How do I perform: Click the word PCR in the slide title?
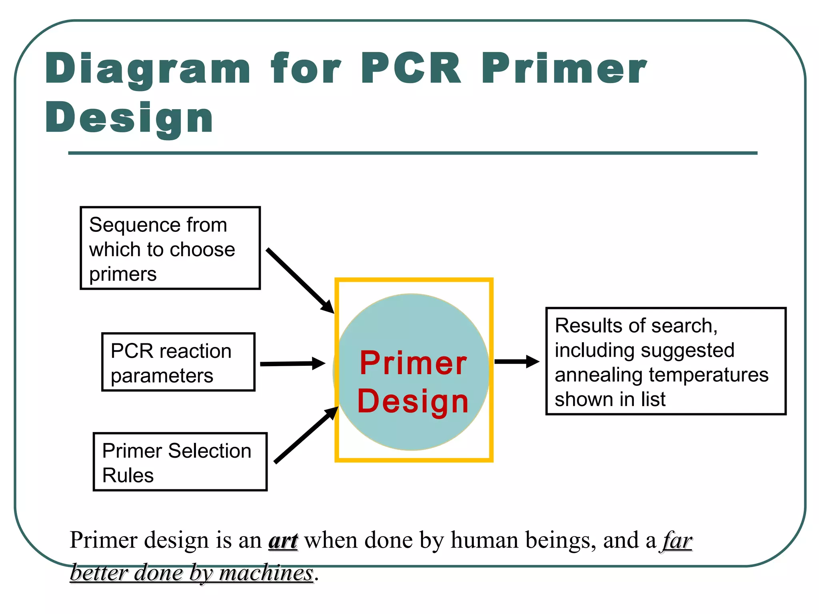pyautogui.click(x=411, y=69)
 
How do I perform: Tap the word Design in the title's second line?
pyautogui.click(x=129, y=118)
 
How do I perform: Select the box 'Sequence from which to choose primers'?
pyautogui.click(x=170, y=248)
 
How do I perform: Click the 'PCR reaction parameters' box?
pyautogui.click(x=178, y=362)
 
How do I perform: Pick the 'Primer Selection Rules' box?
pyautogui.click(x=180, y=462)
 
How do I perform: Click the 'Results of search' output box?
pyautogui.click(x=666, y=361)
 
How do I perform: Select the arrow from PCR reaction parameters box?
pyautogui.click(x=292, y=364)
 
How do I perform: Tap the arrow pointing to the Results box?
pyautogui.click(x=517, y=361)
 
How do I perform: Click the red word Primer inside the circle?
pyautogui.click(x=413, y=363)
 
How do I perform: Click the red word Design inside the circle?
pyautogui.click(x=413, y=401)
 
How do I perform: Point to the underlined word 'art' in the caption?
pyautogui.click(x=283, y=540)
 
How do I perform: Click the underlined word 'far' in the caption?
pyautogui.click(x=677, y=540)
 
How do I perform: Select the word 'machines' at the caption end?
pyautogui.click(x=266, y=573)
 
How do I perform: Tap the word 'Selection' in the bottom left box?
pyautogui.click(x=210, y=451)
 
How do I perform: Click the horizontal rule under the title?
pyautogui.click(x=413, y=153)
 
